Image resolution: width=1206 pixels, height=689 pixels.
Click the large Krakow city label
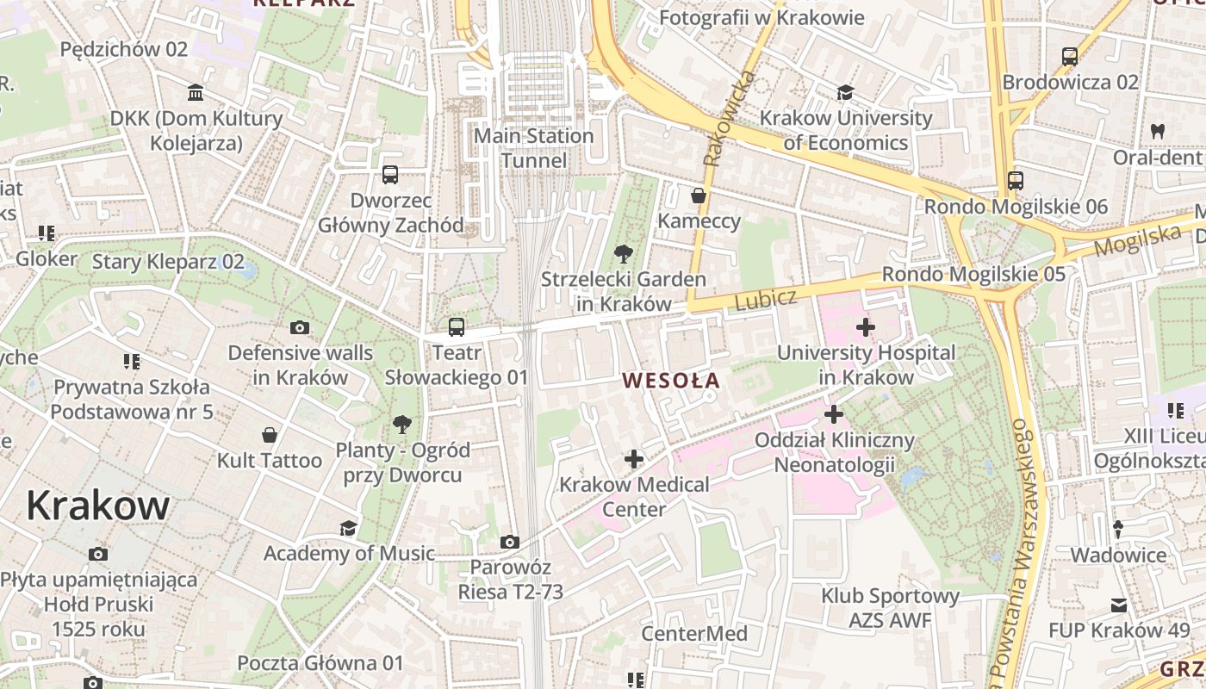point(97,506)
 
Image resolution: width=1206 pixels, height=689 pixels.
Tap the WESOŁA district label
point(671,380)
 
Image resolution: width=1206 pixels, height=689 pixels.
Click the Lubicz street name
point(766,299)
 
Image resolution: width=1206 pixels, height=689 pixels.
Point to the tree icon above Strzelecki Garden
point(623,254)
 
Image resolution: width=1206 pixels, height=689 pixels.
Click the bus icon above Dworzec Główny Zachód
point(390,175)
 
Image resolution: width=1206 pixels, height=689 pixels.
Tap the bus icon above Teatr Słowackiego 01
point(457,327)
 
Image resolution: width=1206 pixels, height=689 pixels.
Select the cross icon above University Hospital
point(866,327)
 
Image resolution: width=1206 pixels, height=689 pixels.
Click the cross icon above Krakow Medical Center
point(633,459)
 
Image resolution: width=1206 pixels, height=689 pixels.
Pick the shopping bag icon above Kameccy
point(699,196)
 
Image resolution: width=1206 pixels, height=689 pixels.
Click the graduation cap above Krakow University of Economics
point(845,92)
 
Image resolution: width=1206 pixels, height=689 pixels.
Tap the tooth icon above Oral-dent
point(1157,132)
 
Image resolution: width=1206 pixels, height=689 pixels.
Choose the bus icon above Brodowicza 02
point(1070,57)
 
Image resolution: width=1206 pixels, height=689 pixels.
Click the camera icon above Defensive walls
point(300,327)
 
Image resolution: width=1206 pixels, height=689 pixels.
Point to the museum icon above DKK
point(196,92)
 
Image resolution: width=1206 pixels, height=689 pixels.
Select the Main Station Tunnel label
point(534,148)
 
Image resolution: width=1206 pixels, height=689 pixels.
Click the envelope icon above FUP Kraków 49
point(1118,605)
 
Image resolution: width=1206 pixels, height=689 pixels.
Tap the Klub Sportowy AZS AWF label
point(890,608)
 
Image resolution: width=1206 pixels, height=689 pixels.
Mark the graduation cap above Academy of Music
point(348,528)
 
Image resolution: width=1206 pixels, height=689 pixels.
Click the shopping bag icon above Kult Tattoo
point(270,435)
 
